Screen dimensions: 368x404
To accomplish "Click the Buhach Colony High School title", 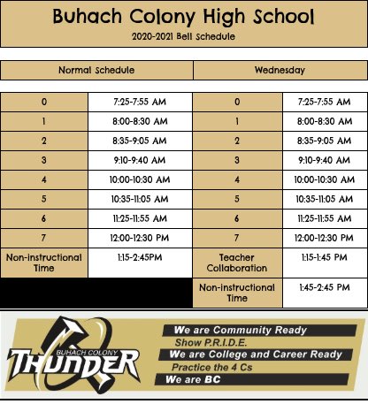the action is click(x=183, y=16).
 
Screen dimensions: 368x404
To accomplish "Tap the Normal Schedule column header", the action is click(x=96, y=70).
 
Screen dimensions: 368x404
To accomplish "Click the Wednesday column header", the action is click(x=280, y=70).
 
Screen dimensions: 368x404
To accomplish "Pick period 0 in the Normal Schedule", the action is click(x=43, y=102).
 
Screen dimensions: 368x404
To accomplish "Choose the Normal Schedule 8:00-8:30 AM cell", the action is click(x=140, y=120).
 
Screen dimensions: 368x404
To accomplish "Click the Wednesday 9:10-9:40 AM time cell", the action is click(x=324, y=160).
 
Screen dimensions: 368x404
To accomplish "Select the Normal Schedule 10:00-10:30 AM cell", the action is click(x=140, y=179).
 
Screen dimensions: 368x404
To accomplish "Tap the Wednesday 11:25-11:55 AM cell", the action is click(x=324, y=218).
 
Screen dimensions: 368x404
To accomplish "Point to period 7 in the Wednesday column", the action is click(x=237, y=238).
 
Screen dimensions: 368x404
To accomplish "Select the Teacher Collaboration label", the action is click(x=237, y=263).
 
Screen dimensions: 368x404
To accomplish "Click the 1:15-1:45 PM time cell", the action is click(x=324, y=257).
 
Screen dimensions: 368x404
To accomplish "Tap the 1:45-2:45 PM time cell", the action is click(x=324, y=287).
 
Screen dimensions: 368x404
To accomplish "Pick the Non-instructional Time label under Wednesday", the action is click(x=237, y=293).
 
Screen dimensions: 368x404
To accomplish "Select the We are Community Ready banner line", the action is click(x=241, y=330).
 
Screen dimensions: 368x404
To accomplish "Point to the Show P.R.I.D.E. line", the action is click(x=211, y=342).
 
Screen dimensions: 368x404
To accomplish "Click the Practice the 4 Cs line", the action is click(x=211, y=367).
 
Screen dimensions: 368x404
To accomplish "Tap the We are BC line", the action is click(x=194, y=380).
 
